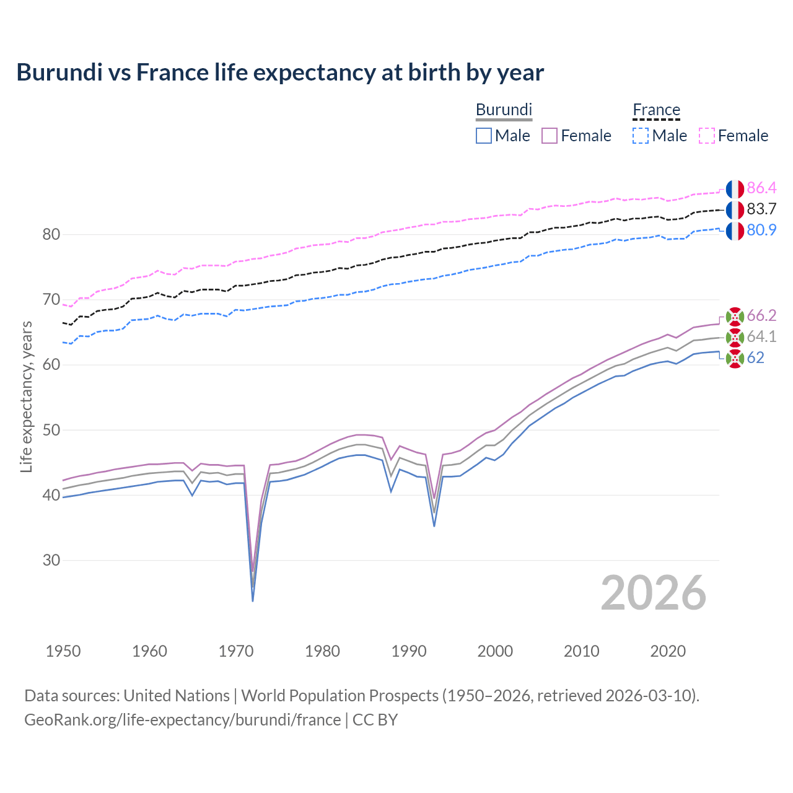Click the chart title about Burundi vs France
(280, 72)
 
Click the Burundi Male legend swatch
(484, 136)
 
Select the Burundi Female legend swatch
(550, 136)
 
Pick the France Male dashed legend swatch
(641, 136)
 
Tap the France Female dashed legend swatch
(707, 136)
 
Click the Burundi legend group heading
(504, 110)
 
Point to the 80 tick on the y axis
(51, 234)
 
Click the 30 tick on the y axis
(51, 560)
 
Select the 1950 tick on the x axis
(63, 651)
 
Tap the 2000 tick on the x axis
(495, 651)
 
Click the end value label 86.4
(761, 188)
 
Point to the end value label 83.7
(761, 209)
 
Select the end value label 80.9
(761, 230)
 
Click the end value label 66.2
(761, 316)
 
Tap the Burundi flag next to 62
(735, 358)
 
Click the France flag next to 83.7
(735, 209)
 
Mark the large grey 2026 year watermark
(654, 593)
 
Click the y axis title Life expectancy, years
(26, 396)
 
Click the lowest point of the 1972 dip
(253, 600)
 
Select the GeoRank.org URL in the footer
(182, 720)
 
